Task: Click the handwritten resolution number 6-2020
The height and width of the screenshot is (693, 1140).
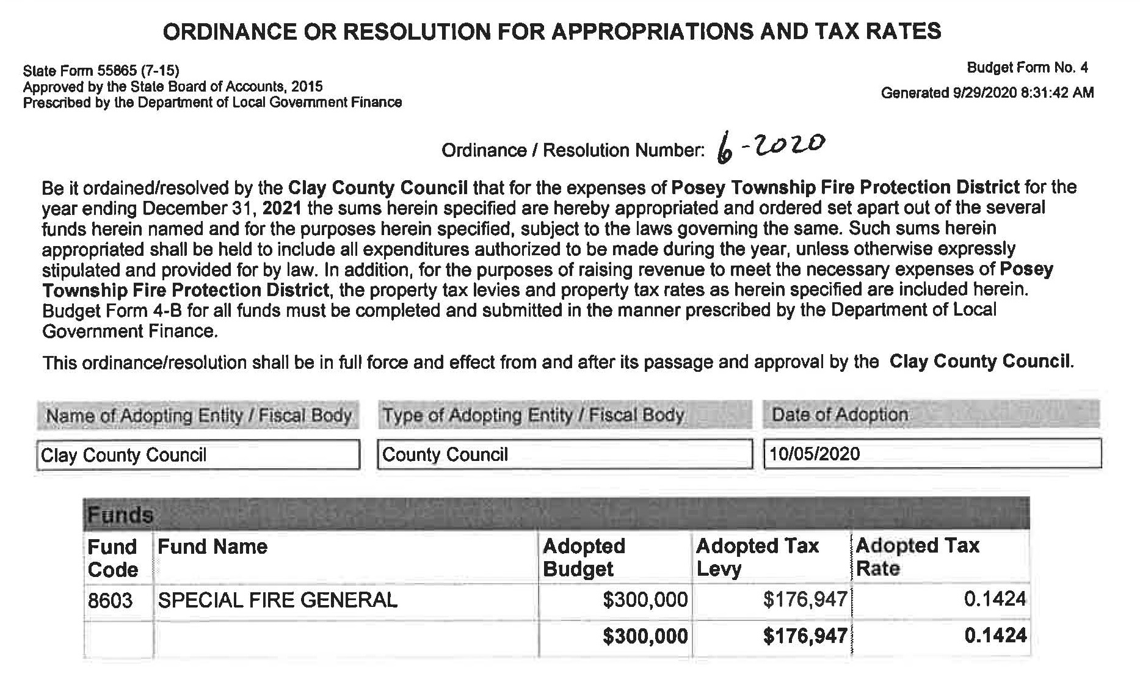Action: point(771,147)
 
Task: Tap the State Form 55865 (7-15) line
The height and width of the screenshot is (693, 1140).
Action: point(101,71)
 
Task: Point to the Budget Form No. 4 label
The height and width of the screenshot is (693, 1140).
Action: point(1028,68)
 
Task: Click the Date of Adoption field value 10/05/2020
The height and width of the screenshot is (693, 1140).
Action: point(815,454)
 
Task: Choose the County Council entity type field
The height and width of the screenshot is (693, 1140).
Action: point(564,454)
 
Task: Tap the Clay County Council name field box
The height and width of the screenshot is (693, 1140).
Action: point(198,455)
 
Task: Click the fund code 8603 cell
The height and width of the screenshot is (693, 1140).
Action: point(111,600)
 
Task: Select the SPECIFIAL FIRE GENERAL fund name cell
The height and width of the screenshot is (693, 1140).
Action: point(278,600)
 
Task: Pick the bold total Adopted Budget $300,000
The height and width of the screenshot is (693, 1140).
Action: point(645,636)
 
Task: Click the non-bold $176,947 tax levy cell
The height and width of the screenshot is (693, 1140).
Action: point(805,600)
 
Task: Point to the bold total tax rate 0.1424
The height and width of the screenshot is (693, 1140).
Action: point(995,636)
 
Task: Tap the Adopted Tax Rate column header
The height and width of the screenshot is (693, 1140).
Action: point(917,556)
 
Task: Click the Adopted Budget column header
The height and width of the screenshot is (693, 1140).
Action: point(584,557)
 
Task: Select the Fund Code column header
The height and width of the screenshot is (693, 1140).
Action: point(113,557)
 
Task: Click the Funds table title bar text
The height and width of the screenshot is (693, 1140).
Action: point(120,515)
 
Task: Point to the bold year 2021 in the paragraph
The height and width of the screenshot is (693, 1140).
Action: point(282,208)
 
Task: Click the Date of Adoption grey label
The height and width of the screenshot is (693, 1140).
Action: point(840,415)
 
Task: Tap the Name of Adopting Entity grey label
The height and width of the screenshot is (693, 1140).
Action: point(199,416)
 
